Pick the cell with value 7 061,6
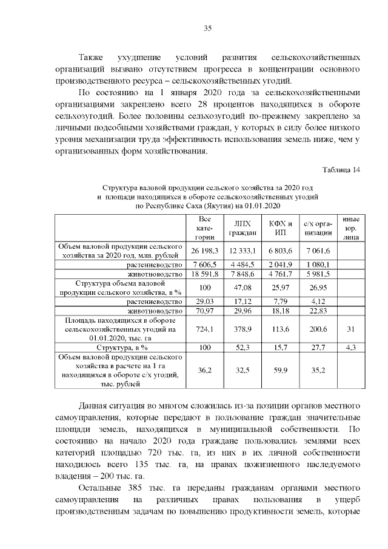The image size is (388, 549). pyautogui.click(x=317, y=251)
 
